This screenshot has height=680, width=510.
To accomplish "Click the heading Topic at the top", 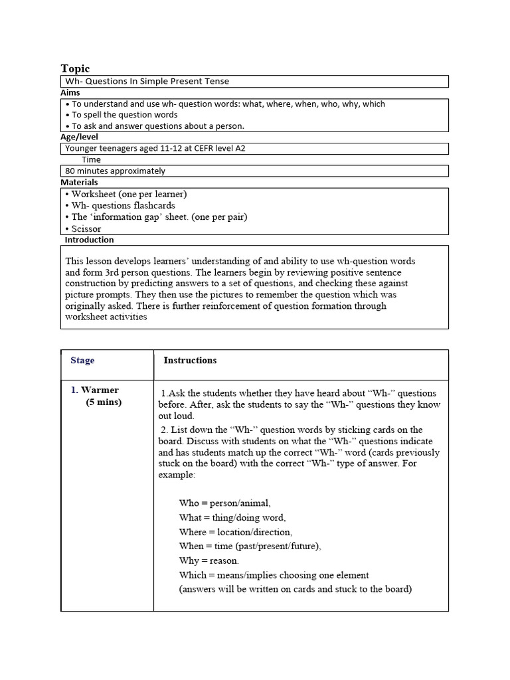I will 75,68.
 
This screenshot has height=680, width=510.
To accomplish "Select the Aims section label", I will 70,93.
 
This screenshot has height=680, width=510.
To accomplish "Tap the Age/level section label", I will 79,137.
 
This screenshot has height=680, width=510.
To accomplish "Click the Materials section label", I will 79,182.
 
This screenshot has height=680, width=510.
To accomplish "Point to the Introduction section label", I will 89,240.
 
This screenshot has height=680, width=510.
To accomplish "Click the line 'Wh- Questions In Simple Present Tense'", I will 147,82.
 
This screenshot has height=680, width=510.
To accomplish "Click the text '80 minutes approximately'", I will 116,171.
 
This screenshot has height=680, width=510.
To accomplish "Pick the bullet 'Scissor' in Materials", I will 86,228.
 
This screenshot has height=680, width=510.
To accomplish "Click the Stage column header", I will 82,361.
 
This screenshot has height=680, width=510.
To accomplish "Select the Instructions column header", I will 190,361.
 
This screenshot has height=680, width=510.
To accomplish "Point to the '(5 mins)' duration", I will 104,402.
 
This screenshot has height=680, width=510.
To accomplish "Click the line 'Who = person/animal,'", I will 224,503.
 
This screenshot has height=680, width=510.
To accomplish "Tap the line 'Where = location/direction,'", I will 235,532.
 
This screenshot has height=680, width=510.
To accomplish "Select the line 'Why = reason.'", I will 209,560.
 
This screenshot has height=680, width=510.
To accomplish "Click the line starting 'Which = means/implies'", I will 274,575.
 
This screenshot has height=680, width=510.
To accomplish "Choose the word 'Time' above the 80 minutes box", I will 91,159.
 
